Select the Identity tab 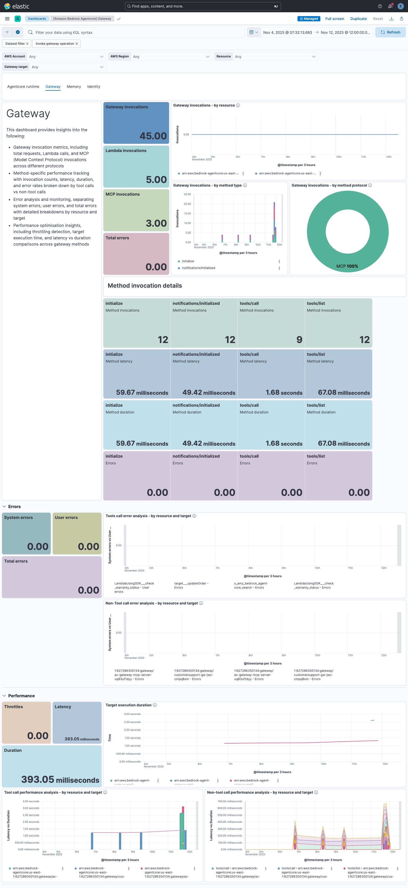point(93,87)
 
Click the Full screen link point(334,19)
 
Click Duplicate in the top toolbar point(358,19)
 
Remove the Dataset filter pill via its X point(27,44)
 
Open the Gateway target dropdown point(67,67)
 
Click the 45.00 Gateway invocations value point(153,136)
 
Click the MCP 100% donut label point(347,266)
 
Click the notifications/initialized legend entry point(198,268)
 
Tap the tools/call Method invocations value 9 point(299,340)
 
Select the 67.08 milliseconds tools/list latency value point(344,392)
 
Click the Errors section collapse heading point(14,507)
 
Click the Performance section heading point(21,696)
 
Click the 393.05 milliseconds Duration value point(60,779)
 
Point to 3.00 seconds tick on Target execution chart point(132,714)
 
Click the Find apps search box point(203,6)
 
